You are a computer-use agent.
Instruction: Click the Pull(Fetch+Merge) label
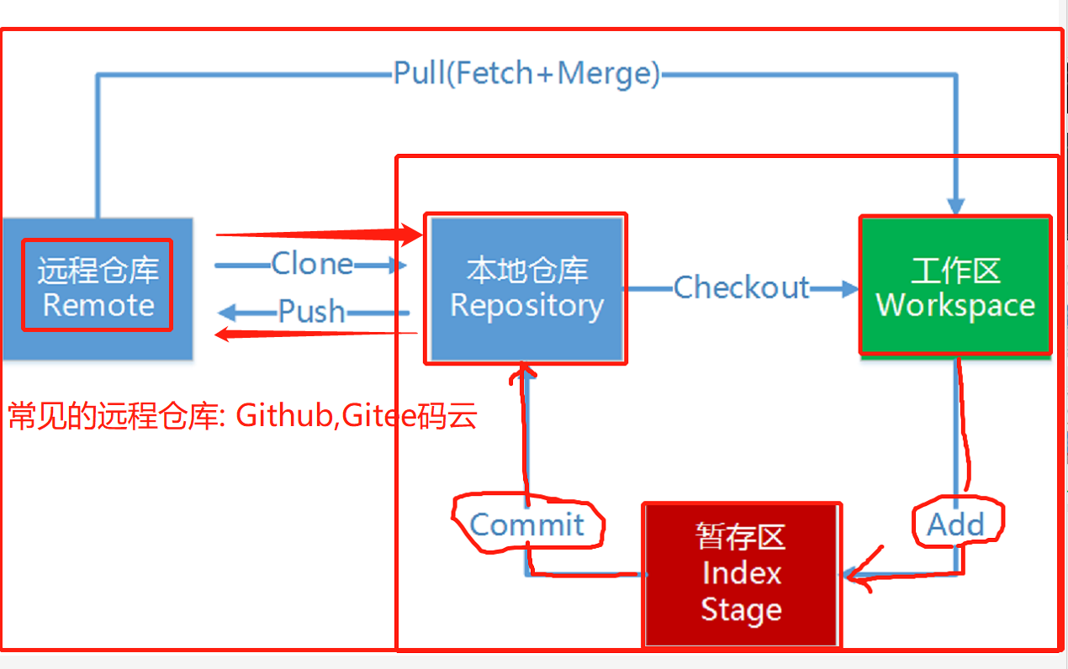coord(526,74)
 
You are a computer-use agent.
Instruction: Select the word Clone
coord(312,265)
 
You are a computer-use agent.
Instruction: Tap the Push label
coord(312,312)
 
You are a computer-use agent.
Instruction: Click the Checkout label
coord(741,287)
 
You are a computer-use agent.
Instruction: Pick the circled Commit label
coord(526,524)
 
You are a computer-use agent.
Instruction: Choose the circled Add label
coord(955,524)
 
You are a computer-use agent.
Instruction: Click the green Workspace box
coord(955,286)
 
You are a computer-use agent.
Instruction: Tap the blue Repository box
coord(526,287)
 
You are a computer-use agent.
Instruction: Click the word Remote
coord(98,305)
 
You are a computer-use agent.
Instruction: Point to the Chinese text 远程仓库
coord(98,271)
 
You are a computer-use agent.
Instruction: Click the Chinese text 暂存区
coord(741,536)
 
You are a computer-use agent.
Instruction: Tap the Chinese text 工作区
coord(955,271)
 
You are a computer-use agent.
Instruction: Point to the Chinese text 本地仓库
coord(526,271)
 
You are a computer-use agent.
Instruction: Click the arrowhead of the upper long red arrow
coord(413,235)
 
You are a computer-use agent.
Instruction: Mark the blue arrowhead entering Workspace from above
coord(955,207)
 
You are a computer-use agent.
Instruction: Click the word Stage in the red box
coord(741,609)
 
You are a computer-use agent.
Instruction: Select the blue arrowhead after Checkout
coord(849,288)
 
